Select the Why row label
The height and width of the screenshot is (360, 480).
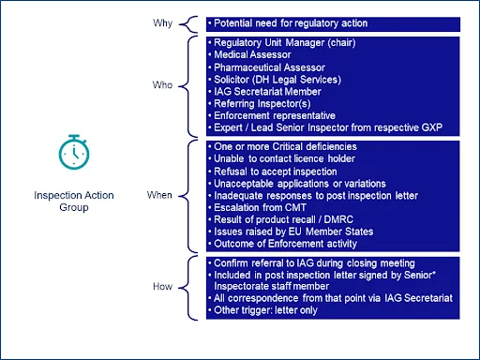[x=162, y=23]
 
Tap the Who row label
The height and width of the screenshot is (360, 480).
[x=162, y=84]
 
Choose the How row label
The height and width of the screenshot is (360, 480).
[x=162, y=286]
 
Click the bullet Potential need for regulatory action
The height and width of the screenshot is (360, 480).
[x=290, y=23]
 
